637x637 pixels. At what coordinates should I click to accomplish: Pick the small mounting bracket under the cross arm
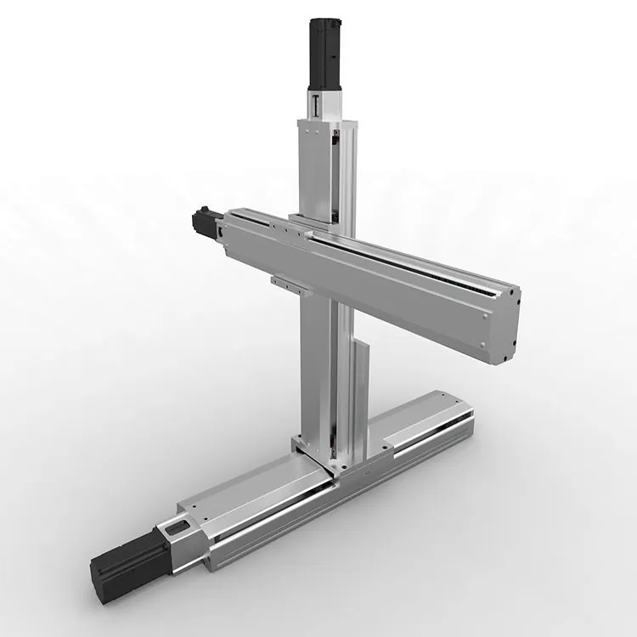coord(287,280)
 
